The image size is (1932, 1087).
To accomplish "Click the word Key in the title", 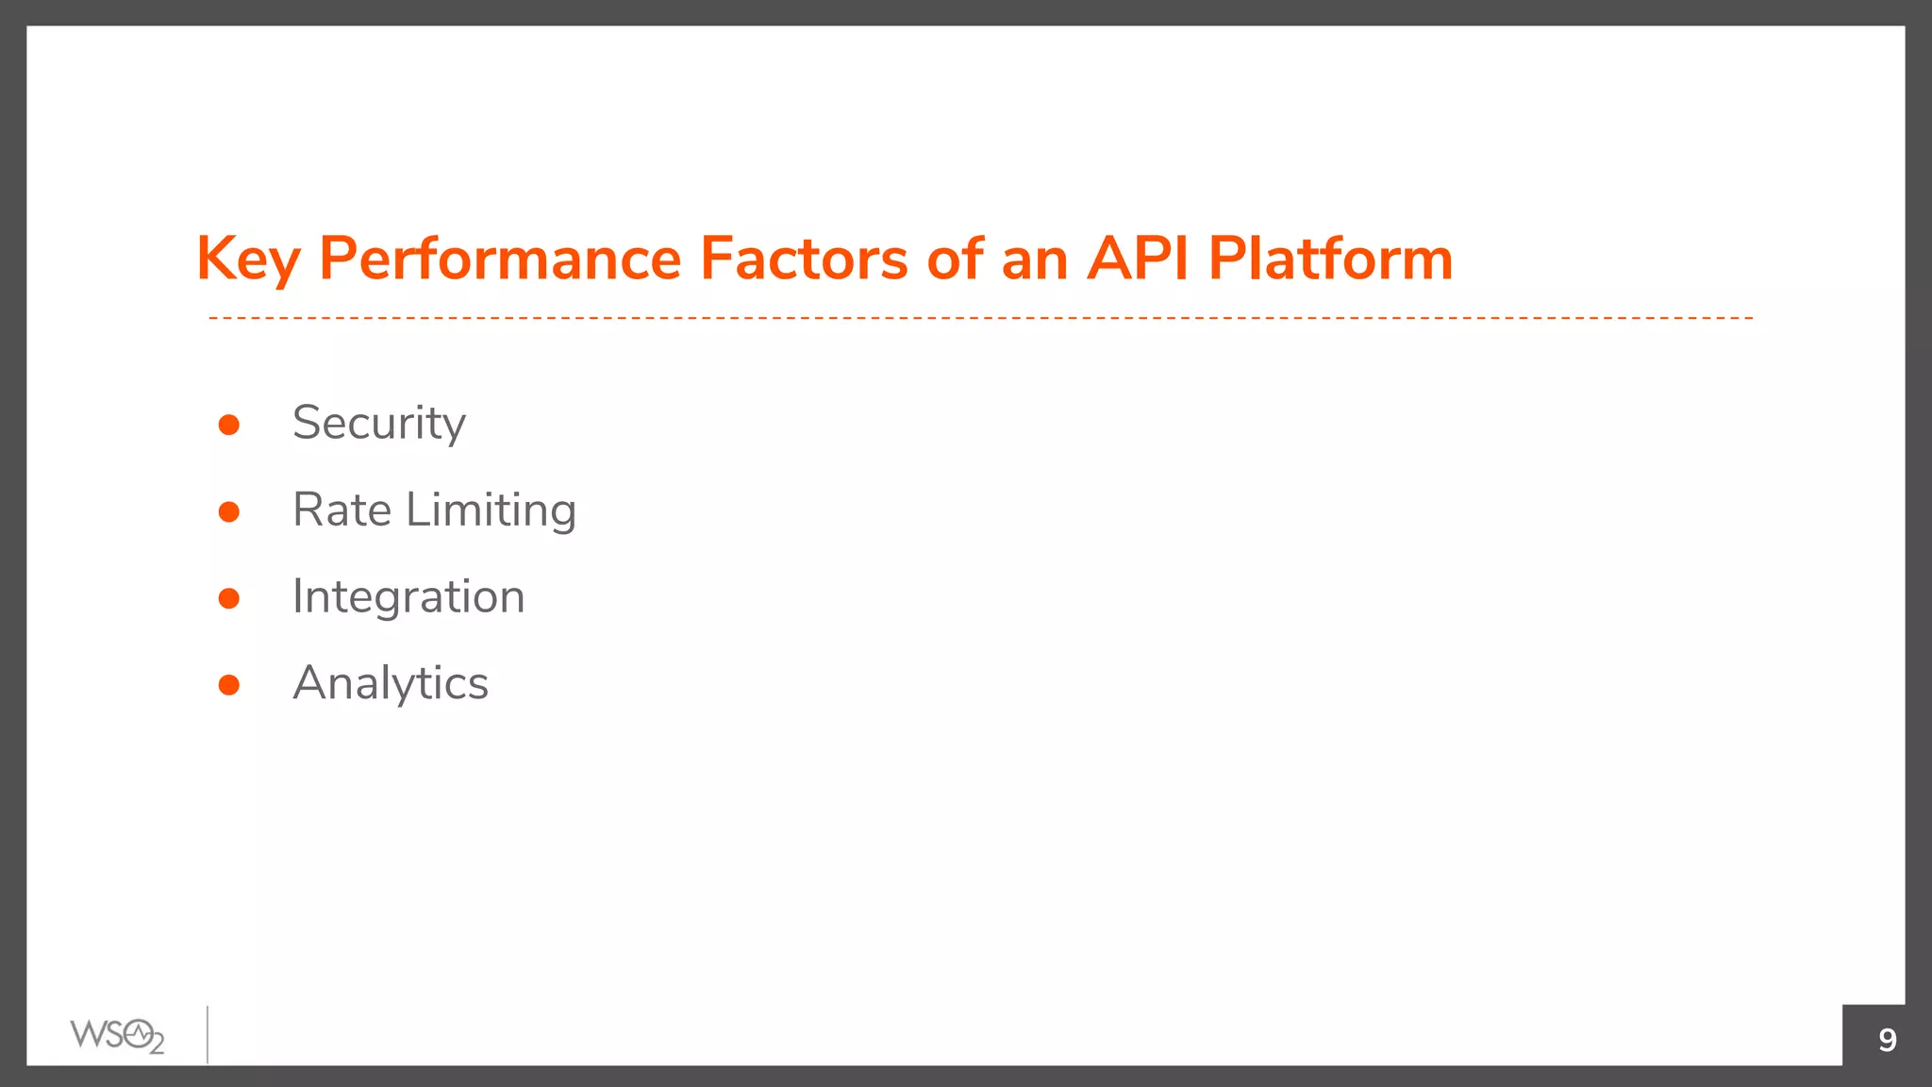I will [247, 259].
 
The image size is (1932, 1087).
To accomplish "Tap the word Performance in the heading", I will [500, 259].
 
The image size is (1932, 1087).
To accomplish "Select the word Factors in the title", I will [803, 259].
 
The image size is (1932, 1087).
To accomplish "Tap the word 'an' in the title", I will [1034, 260].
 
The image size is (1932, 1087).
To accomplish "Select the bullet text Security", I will [378, 424].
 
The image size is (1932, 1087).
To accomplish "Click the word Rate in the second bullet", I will [341, 510].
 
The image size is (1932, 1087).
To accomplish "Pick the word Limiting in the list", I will [491, 511].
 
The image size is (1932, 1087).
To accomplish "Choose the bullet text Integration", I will [408, 598].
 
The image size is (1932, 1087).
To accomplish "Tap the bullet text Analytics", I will [391, 684].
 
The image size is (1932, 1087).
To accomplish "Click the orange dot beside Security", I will [228, 425].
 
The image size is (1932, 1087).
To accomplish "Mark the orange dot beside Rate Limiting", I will [228, 511].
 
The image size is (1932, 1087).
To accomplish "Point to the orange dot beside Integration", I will [228, 598].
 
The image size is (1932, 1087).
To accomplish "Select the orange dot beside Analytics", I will [228, 685].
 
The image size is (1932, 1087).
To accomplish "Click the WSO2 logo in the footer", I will [117, 1036].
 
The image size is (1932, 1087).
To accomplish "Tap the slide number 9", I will [1887, 1039].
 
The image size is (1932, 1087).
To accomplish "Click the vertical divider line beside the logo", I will [208, 1035].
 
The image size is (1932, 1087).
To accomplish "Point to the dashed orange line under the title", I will [981, 318].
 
